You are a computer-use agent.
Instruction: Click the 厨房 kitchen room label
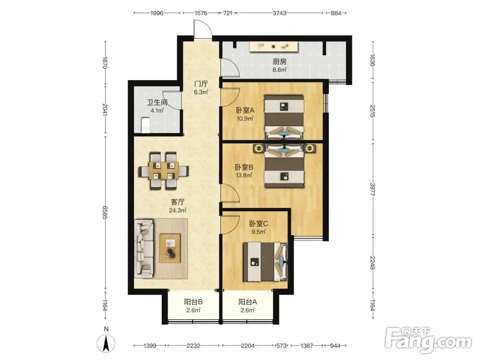[279, 61]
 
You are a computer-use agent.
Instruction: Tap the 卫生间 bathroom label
[157, 103]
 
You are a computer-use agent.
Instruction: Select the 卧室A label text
[245, 110]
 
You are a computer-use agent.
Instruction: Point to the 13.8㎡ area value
[244, 175]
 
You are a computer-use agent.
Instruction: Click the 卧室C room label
[259, 224]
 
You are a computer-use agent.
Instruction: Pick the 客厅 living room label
[178, 202]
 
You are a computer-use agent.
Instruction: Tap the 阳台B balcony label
[193, 302]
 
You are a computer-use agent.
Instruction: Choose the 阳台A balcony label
[248, 302]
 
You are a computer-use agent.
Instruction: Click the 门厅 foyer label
[201, 84]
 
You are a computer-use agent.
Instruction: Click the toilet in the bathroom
[145, 125]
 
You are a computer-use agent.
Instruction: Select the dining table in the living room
[164, 171]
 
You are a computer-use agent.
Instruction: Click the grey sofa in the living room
[144, 248]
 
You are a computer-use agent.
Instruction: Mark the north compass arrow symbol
[106, 344]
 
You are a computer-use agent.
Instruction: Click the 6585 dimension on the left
[105, 213]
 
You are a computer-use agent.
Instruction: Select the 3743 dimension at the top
[279, 13]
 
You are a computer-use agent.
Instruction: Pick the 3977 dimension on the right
[372, 189]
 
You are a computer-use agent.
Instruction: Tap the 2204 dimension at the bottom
[248, 346]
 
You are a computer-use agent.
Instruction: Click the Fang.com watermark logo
[428, 339]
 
